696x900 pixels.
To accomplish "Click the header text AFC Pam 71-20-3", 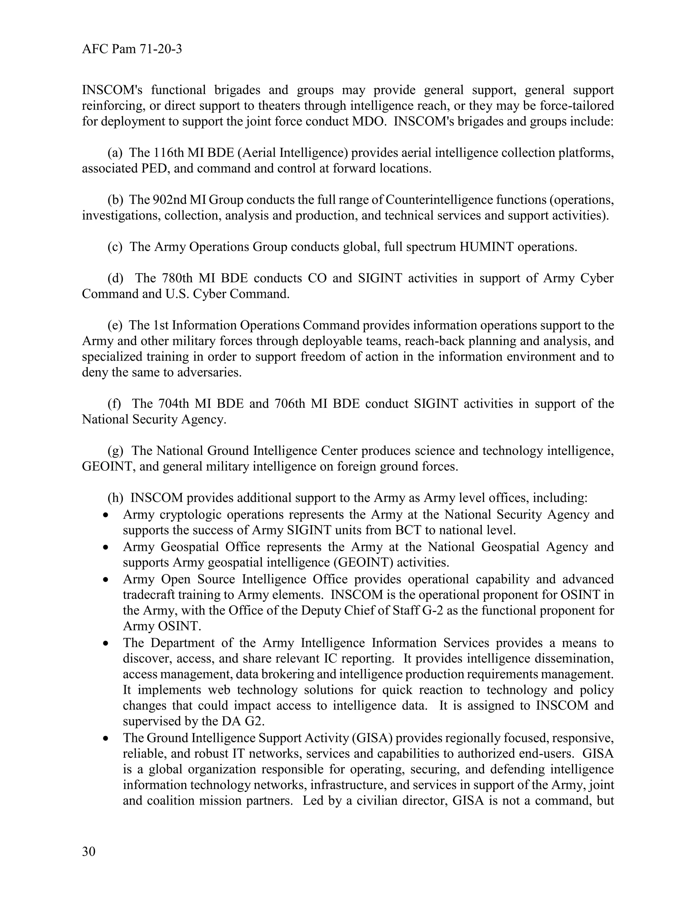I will pyautogui.click(x=132, y=50).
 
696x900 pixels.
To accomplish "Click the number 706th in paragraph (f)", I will pyautogui.click(x=290, y=403).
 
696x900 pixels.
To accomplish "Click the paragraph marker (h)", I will pyautogui.click(x=116, y=498).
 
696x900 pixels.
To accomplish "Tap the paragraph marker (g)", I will pyautogui.click(x=116, y=450).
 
